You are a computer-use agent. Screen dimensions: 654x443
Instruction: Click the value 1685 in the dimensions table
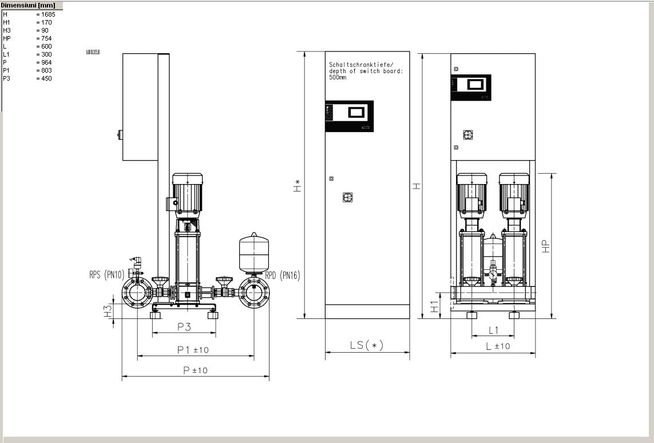coord(48,14)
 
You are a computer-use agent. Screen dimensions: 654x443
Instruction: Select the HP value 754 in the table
coord(46,38)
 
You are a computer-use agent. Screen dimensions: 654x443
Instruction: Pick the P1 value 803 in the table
coord(46,70)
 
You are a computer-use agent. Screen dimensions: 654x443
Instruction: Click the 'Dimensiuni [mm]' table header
coord(28,5)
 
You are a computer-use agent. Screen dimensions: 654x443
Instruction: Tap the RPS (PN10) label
coord(107,275)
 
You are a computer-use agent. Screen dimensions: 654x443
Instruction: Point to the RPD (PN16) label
coord(283,276)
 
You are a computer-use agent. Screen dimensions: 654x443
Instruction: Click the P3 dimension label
coord(184,327)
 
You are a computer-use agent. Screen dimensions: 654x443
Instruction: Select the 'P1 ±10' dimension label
coord(193,350)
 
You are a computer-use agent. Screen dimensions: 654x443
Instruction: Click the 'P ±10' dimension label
coord(196,370)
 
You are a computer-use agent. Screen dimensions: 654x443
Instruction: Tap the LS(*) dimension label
coord(366,345)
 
